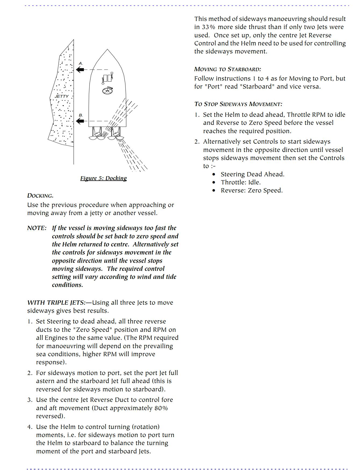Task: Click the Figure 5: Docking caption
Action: pos(103,178)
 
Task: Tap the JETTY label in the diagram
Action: pos(62,96)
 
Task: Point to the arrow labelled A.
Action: pos(80,70)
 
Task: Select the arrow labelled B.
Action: pos(80,121)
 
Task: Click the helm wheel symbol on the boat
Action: pos(107,91)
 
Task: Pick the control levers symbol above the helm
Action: pos(107,78)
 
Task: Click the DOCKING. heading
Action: pos(40,196)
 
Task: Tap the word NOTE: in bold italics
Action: pos(37,228)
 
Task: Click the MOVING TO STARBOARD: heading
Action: pos(228,69)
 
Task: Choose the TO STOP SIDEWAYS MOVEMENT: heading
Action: pos(238,104)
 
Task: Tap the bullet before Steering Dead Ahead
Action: pos(214,174)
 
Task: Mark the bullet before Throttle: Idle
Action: pos(214,183)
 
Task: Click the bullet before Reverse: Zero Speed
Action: pos(214,191)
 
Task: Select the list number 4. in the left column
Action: pos(30,427)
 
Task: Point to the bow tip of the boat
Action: pos(107,50)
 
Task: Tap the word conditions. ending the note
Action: pos(67,285)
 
